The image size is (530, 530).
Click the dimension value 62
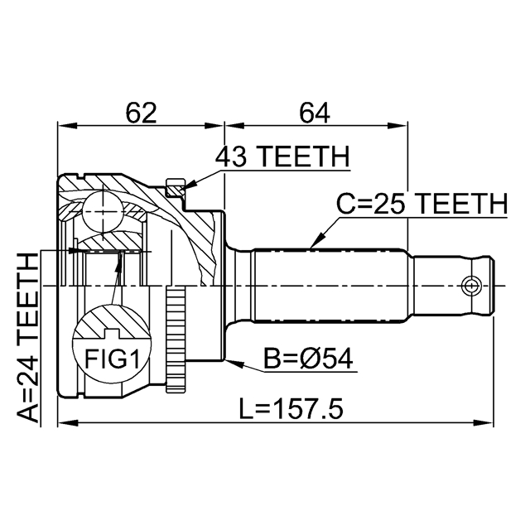tap(140, 113)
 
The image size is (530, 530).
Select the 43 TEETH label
tap(282, 157)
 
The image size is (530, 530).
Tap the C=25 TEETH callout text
tap(421, 204)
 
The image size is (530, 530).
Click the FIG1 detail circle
tap(112, 349)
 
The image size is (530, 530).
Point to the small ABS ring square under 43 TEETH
tap(174, 186)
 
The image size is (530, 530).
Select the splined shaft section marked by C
tap(331, 287)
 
